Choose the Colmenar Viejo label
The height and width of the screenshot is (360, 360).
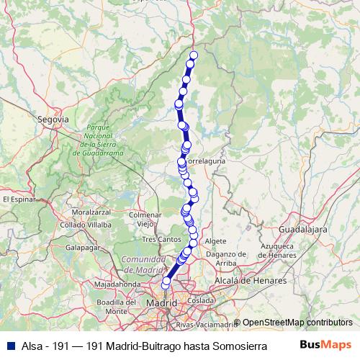(x=150, y=219)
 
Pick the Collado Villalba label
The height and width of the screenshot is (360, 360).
(x=86, y=225)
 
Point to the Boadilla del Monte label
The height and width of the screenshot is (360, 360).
(x=117, y=306)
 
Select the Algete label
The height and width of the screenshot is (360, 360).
(x=215, y=241)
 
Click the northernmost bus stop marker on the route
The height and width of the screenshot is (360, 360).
(x=193, y=55)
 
